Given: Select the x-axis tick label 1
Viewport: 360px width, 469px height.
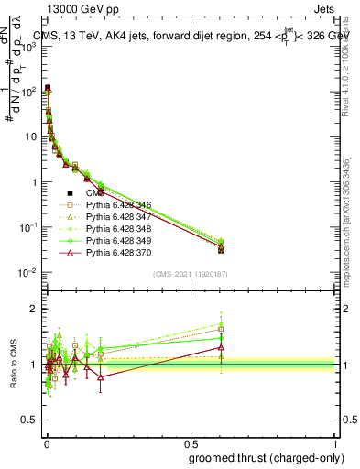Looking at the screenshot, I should [335, 440].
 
